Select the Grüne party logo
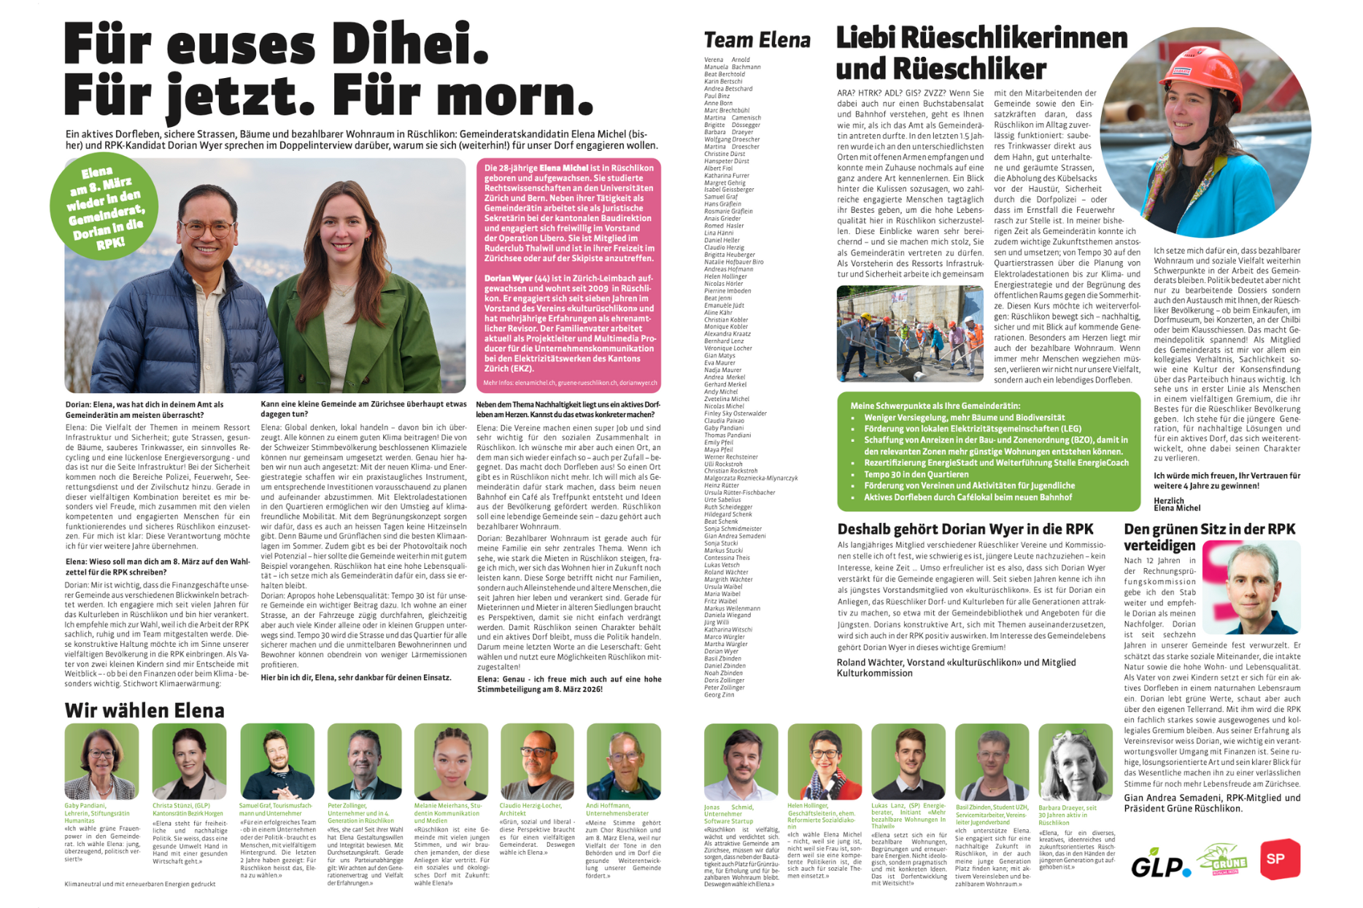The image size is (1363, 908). pyautogui.click(x=1222, y=861)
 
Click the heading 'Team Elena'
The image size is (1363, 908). pyautogui.click(x=757, y=40)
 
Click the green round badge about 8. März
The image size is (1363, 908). pyautogui.click(x=104, y=206)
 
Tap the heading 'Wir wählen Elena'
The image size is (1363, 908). pyautogui.click(x=144, y=710)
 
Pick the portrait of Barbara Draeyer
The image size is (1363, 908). pyautogui.click(x=1075, y=762)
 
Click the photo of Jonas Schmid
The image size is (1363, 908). pyautogui.click(x=741, y=762)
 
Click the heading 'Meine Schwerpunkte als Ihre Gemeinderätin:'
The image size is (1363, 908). pyautogui.click(x=935, y=406)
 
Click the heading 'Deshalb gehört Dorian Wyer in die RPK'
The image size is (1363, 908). pyautogui.click(x=965, y=529)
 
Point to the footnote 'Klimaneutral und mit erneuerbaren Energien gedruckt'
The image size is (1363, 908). pyautogui.click(x=139, y=884)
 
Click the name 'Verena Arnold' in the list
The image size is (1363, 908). pyautogui.click(x=727, y=60)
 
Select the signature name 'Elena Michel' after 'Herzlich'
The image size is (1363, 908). pyautogui.click(x=1177, y=508)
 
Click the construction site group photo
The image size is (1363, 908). pyautogui.click(x=909, y=333)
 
